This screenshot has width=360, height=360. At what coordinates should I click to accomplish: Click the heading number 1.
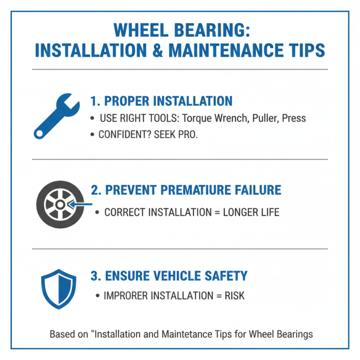pos(94,100)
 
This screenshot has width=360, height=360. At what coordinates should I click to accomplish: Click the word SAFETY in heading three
pos(224,275)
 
